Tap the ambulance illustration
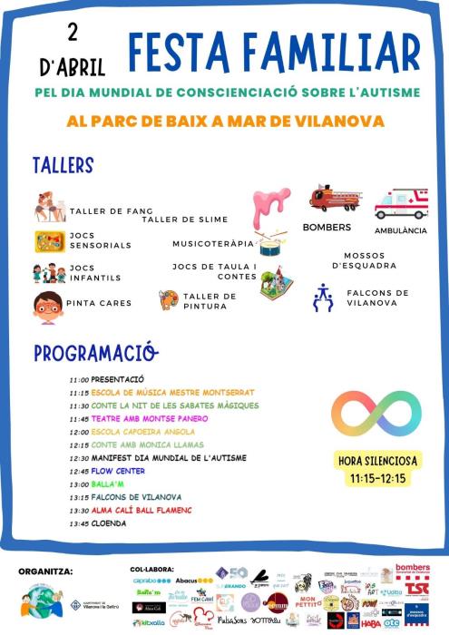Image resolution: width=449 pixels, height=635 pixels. pos(401,204)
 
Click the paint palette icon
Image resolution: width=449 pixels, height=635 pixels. pos(169,299)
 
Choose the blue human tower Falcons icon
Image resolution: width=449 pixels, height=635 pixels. pos(322,298)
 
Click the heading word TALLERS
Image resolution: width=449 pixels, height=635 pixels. pos(63,165)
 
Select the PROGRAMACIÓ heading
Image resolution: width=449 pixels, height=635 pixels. pos(95,353)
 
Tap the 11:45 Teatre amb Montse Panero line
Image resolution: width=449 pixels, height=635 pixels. pos(137,418)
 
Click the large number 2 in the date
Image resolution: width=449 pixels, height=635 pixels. pos(72,33)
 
